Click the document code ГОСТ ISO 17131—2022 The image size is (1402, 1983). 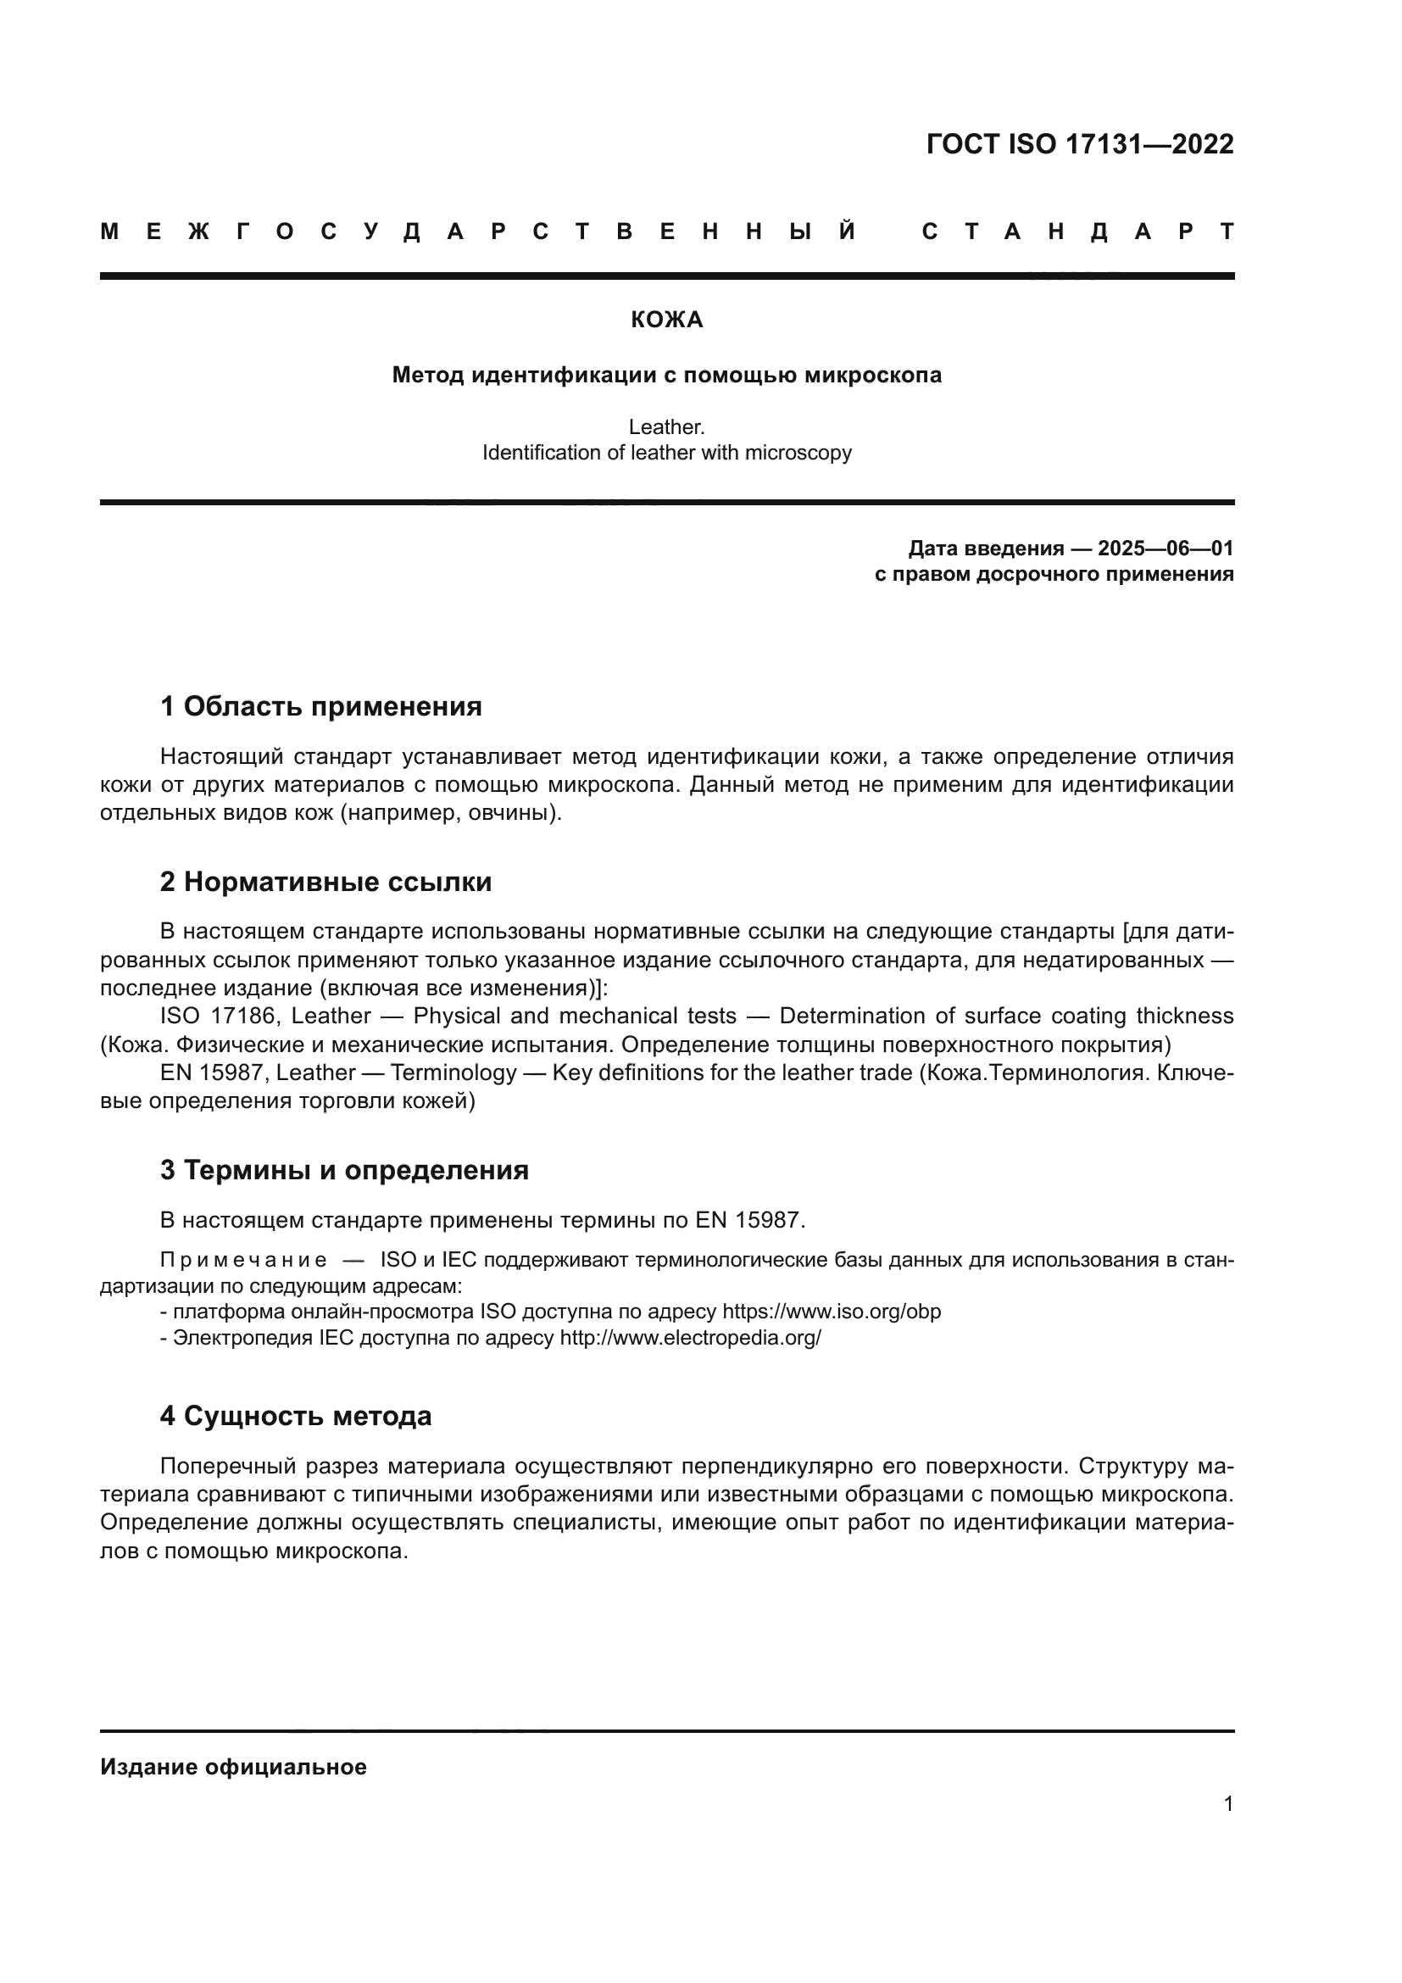1079,144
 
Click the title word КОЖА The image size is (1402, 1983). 666,320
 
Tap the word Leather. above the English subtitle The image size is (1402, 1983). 666,426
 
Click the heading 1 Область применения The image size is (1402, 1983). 320,706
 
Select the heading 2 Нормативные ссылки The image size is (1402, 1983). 325,882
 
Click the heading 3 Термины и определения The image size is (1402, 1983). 343,1170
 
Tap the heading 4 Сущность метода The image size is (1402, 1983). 295,1417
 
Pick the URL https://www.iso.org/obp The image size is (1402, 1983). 831,1312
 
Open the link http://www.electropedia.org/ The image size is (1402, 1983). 690,1338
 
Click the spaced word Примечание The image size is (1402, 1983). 243,1260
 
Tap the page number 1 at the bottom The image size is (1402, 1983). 1227,1804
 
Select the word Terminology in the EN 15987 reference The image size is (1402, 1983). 453,1072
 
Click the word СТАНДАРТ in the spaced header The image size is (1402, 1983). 1077,231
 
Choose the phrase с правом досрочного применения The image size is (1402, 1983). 1054,574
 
